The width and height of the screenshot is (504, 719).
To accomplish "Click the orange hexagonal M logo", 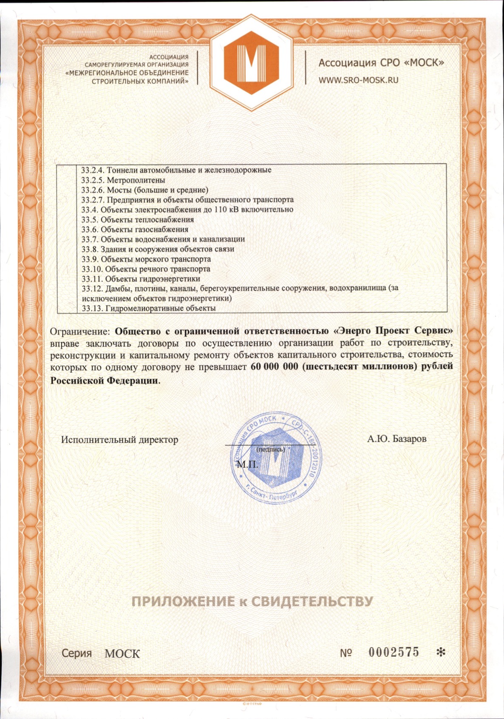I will [252, 63].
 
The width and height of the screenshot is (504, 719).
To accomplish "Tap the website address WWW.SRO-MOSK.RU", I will [358, 80].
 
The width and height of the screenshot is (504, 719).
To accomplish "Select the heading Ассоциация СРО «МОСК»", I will [381, 63].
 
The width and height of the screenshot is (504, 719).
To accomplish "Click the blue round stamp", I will [276, 459].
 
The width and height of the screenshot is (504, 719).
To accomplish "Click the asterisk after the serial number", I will [441, 652].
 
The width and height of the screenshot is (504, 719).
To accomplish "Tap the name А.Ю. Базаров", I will [396, 438].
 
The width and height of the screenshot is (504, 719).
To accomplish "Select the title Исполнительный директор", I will [119, 439].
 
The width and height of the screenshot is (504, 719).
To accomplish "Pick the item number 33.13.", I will [92, 308].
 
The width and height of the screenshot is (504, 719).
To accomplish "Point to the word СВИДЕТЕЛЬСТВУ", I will [312, 601].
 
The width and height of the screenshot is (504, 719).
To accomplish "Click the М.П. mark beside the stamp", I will [247, 464].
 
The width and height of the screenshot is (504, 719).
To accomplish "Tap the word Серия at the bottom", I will [76, 653].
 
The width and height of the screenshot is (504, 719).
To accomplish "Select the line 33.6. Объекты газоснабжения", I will [135, 230].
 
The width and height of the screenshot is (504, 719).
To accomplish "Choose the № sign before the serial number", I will [345, 653].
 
